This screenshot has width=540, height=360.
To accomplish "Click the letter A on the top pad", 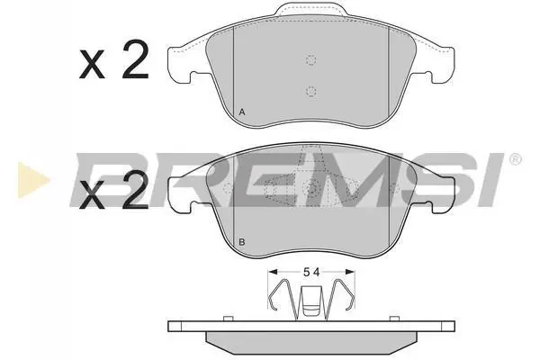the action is (242, 112).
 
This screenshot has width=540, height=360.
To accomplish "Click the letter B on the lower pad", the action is (242, 242).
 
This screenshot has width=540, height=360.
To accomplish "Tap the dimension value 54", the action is (311, 272).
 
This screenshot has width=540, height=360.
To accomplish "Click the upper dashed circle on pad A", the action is (311, 60).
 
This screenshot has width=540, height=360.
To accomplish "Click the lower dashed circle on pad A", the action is (311, 91).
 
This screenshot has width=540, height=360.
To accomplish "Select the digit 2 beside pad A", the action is (136, 59).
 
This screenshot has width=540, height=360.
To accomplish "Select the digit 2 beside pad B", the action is (136, 190).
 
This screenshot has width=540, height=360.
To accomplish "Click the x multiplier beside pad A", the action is (92, 64).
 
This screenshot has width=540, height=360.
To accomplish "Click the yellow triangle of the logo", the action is (32, 180).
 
